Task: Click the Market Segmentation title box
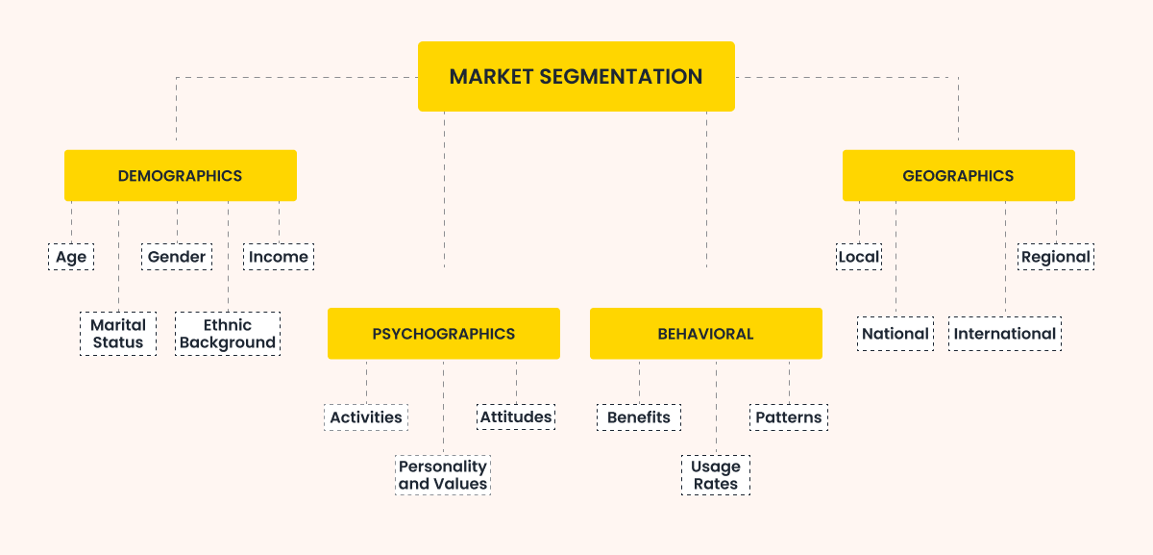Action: coord(576,76)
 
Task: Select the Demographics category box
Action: coord(180,175)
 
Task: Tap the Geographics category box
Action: coord(958,175)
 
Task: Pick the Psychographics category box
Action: coord(443,334)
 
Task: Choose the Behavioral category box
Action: coord(705,334)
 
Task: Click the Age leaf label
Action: coord(71,257)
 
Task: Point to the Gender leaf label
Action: coord(177,257)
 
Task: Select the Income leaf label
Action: coord(279,257)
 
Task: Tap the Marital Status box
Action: coord(118,334)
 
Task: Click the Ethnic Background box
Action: coord(228,334)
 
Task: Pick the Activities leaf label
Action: coord(366,417)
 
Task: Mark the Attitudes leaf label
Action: coord(516,417)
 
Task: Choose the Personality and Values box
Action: coord(443,475)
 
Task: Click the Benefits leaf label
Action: coord(639,417)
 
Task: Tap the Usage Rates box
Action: coord(716,475)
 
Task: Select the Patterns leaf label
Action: coord(789,417)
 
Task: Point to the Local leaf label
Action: coord(859,257)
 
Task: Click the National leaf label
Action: coord(895,334)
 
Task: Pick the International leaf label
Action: coord(1005,334)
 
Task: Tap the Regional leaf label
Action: coord(1056,257)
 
